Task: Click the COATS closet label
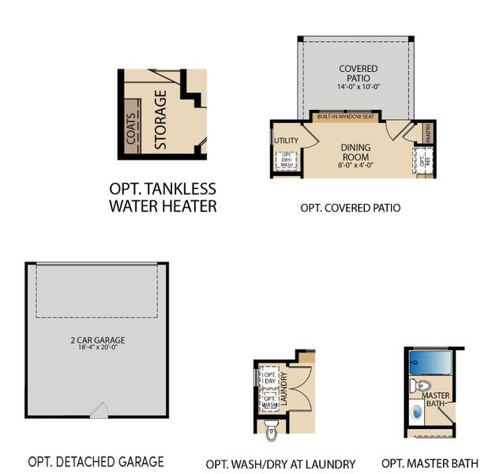coord(131,127)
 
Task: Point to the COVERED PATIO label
coord(359,74)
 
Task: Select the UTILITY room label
coord(286,141)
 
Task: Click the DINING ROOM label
coord(355,152)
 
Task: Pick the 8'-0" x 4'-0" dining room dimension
coord(355,166)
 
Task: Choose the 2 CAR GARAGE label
coord(97,341)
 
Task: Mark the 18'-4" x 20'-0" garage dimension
coord(97,351)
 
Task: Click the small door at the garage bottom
coord(99,411)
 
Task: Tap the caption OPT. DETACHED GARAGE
coord(96,461)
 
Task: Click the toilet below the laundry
coord(272,430)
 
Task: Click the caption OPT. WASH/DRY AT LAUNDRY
coord(280,464)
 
